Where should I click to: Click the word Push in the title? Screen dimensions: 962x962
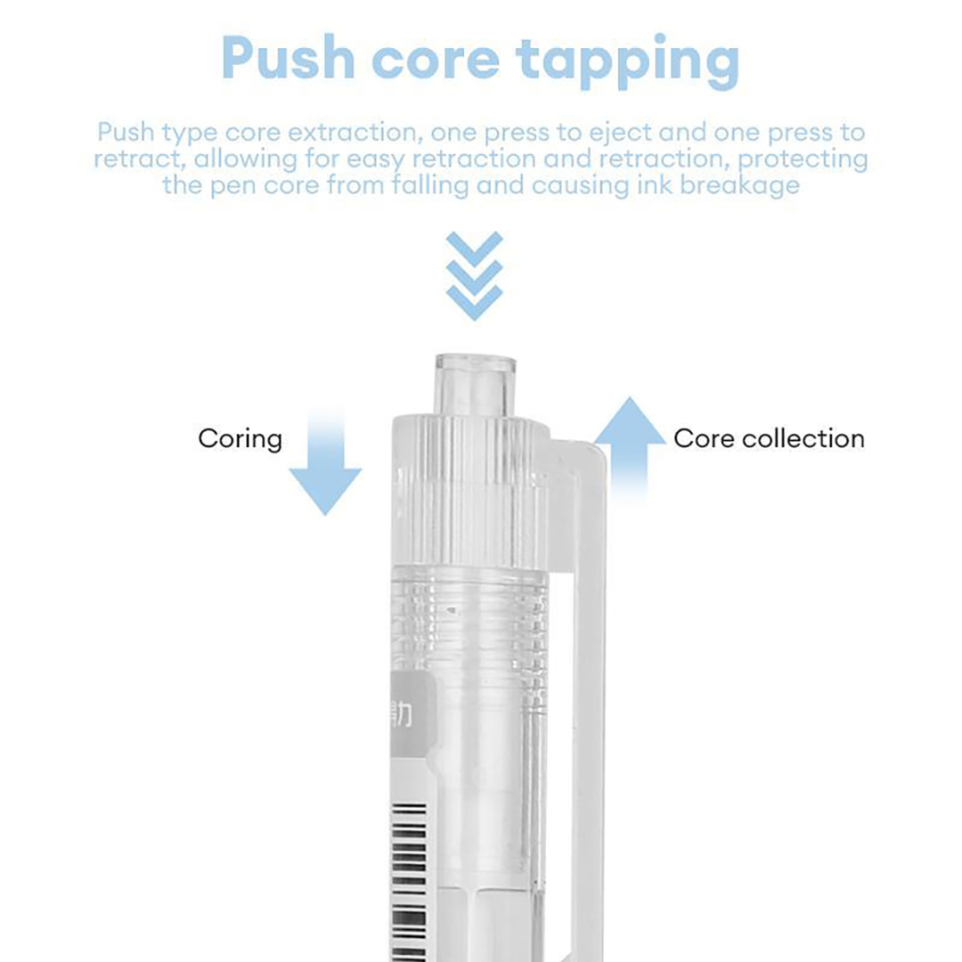pyautogui.click(x=289, y=57)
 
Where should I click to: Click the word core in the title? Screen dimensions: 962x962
pyautogui.click(x=436, y=61)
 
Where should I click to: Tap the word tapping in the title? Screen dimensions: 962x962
pyautogui.click(x=628, y=61)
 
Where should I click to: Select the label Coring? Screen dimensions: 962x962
pyautogui.click(x=240, y=439)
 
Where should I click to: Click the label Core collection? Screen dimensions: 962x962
pyautogui.click(x=769, y=438)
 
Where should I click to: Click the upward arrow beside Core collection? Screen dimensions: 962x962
pyautogui.click(x=630, y=452)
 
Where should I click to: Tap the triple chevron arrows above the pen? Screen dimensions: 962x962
pyautogui.click(x=474, y=275)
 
